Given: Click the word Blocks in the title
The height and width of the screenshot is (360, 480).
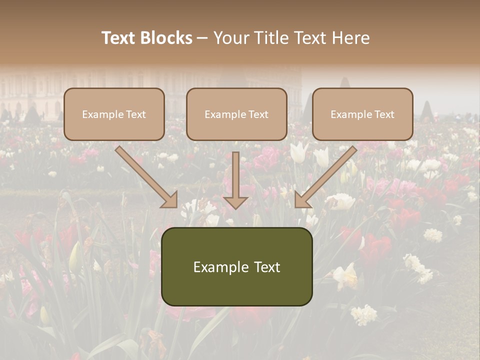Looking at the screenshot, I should (x=167, y=38).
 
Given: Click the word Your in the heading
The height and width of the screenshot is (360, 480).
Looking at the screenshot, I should (x=231, y=38).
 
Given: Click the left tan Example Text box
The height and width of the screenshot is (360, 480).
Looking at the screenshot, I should (x=114, y=114).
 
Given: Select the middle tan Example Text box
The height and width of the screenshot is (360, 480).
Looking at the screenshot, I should (x=236, y=114).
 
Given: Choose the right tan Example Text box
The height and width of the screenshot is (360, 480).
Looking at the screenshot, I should (x=362, y=114).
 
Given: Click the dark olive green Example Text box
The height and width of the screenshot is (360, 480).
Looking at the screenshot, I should (x=236, y=266).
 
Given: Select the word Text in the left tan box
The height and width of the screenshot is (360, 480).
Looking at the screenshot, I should (x=135, y=114).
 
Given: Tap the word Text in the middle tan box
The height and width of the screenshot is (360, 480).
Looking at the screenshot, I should (x=258, y=114).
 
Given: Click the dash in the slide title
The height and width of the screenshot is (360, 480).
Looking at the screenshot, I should (x=202, y=38).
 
